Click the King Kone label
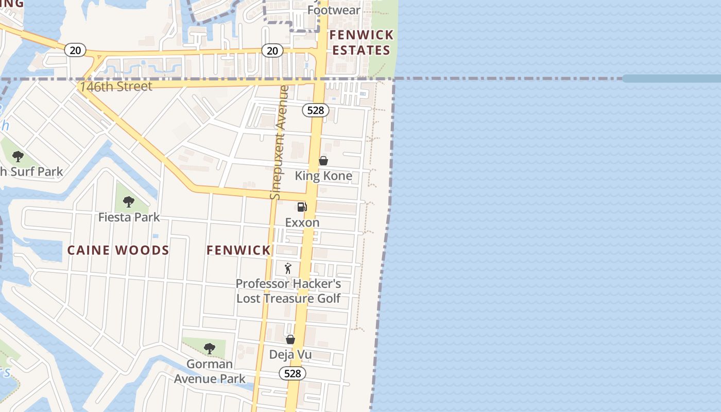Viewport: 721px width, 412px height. pyautogui.click(x=323, y=176)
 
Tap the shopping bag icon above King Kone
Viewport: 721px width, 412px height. pyautogui.click(x=323, y=161)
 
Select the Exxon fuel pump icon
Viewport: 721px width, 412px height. pyautogui.click(x=302, y=207)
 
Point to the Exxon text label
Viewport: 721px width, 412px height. pyautogui.click(x=302, y=222)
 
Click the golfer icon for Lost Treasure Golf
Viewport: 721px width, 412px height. pyautogui.click(x=288, y=268)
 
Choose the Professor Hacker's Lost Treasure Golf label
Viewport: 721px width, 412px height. pyautogui.click(x=288, y=291)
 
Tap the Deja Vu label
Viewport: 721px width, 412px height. pyautogui.click(x=290, y=355)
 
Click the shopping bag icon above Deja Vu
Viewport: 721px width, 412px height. pyautogui.click(x=290, y=339)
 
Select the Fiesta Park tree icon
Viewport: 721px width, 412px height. pyautogui.click(x=129, y=202)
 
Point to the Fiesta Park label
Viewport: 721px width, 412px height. pyautogui.click(x=129, y=217)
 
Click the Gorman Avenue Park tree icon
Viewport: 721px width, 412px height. pyautogui.click(x=209, y=349)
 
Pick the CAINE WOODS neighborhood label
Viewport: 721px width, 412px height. pyautogui.click(x=118, y=251)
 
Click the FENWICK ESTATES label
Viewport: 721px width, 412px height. pyautogui.click(x=362, y=43)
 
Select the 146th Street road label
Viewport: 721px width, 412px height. pyautogui.click(x=116, y=87)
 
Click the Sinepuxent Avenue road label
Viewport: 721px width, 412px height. pyautogui.click(x=279, y=143)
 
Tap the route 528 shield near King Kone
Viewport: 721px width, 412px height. pyautogui.click(x=315, y=110)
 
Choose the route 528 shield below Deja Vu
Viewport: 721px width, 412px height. pyautogui.click(x=293, y=373)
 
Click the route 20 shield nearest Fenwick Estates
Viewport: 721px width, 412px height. pyautogui.click(x=272, y=50)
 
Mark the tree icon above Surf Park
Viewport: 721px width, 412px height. pyautogui.click(x=18, y=157)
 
